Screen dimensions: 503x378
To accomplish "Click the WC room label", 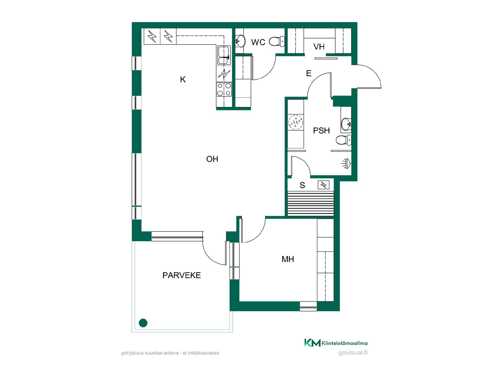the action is [x=258, y=42].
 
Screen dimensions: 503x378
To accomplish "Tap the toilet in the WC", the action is [x=277, y=41].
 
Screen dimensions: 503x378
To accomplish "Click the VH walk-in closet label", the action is [x=319, y=47].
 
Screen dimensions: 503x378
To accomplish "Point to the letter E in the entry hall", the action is [x=309, y=73].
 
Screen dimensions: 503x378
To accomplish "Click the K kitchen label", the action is [x=183, y=79].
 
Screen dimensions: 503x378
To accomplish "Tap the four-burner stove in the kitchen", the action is [x=224, y=89].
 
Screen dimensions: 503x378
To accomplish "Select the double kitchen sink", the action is [x=224, y=55].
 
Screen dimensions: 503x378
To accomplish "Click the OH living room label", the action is [x=212, y=159].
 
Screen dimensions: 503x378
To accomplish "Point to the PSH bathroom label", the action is [x=321, y=130].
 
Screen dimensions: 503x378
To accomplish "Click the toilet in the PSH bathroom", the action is [x=343, y=140].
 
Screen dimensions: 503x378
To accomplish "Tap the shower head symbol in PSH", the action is [x=346, y=164].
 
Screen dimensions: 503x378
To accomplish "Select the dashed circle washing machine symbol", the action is [x=296, y=122].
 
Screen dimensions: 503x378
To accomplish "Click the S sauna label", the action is [x=302, y=185].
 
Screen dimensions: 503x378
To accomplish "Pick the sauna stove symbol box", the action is [x=324, y=185].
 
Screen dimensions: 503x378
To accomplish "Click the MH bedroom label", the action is [x=288, y=259].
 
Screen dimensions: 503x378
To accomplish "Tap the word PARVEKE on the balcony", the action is [x=182, y=275].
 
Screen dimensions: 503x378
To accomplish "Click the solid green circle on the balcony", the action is [x=143, y=323].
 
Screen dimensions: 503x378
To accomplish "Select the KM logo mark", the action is [x=312, y=343].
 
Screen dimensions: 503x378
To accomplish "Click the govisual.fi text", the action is [x=353, y=353].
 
